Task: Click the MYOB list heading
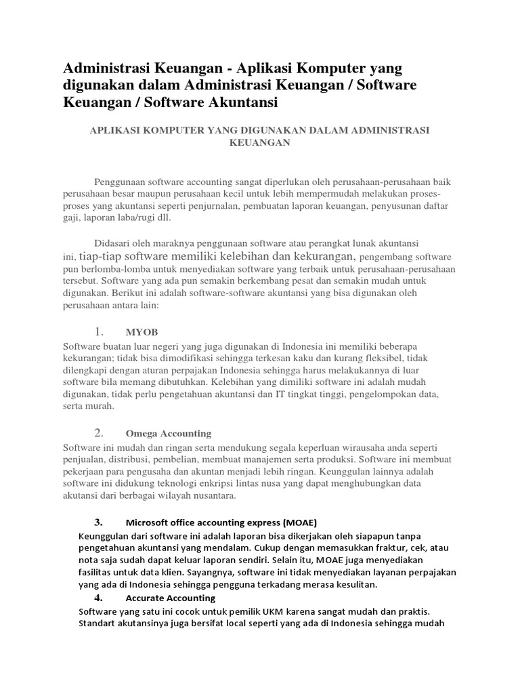(x=142, y=333)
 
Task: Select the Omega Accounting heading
(x=169, y=434)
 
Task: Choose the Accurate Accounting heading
(x=170, y=598)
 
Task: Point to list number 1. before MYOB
(x=99, y=331)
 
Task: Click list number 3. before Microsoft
(x=98, y=522)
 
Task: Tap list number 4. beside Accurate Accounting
(x=98, y=597)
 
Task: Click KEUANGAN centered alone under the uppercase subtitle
(x=260, y=143)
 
